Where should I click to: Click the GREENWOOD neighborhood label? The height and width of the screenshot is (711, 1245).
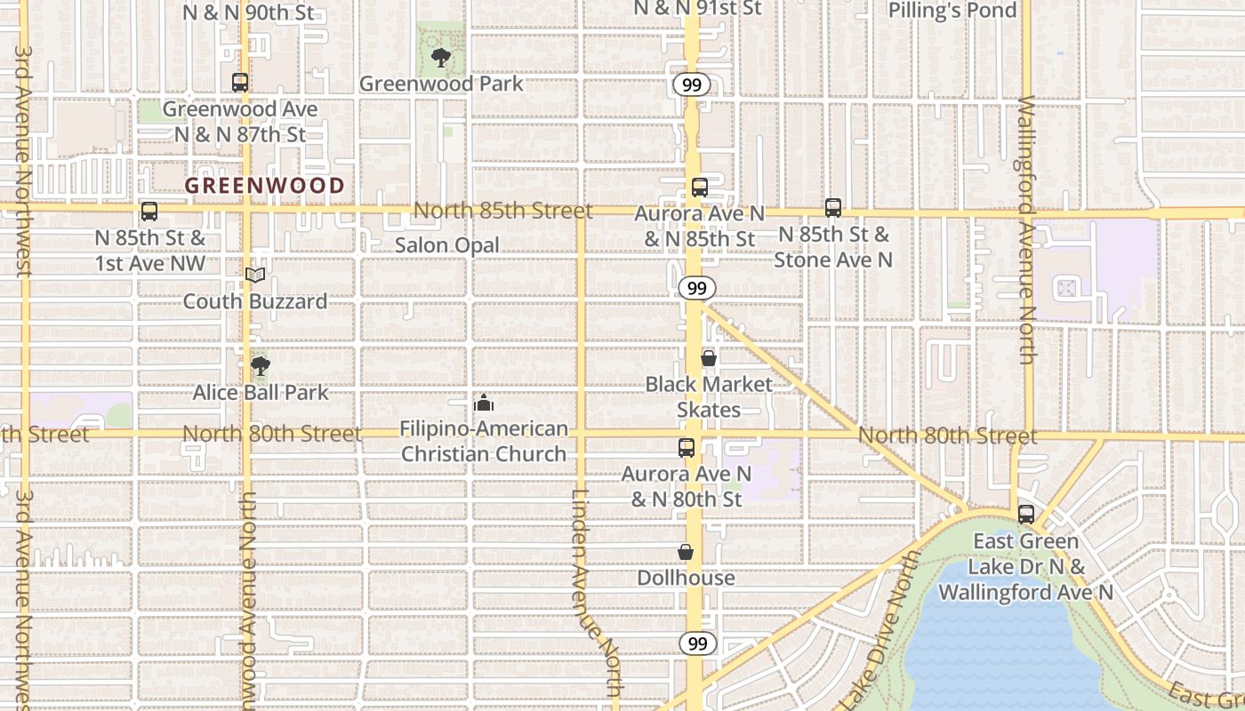(x=264, y=186)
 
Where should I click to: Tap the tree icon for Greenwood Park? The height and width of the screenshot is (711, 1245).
(x=439, y=59)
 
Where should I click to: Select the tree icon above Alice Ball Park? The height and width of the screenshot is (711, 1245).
(x=260, y=366)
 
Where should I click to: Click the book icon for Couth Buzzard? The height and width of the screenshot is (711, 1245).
(x=255, y=276)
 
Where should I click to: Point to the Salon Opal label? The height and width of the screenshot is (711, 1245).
(x=446, y=245)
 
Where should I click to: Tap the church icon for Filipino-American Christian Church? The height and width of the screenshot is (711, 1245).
(x=484, y=403)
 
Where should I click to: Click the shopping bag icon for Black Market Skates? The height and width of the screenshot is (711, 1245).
(x=709, y=358)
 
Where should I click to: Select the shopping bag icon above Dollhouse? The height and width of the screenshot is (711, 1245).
(x=686, y=552)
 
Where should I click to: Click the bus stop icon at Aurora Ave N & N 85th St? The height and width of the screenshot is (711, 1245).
(x=700, y=188)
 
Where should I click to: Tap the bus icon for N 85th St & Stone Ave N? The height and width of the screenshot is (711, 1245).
(x=833, y=208)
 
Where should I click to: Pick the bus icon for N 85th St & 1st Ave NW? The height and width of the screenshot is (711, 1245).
(x=149, y=212)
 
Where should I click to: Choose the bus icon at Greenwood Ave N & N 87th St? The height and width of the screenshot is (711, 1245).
(x=240, y=83)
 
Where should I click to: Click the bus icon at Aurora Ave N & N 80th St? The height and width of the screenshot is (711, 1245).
(x=687, y=448)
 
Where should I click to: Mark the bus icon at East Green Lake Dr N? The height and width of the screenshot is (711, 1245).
(x=1026, y=515)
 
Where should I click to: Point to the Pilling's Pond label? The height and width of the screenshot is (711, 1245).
(x=952, y=11)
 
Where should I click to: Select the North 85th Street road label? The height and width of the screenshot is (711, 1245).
(x=502, y=211)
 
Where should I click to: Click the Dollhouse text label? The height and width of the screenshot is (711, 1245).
(x=686, y=578)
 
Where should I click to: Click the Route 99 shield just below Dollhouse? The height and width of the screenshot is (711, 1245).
(x=698, y=643)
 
